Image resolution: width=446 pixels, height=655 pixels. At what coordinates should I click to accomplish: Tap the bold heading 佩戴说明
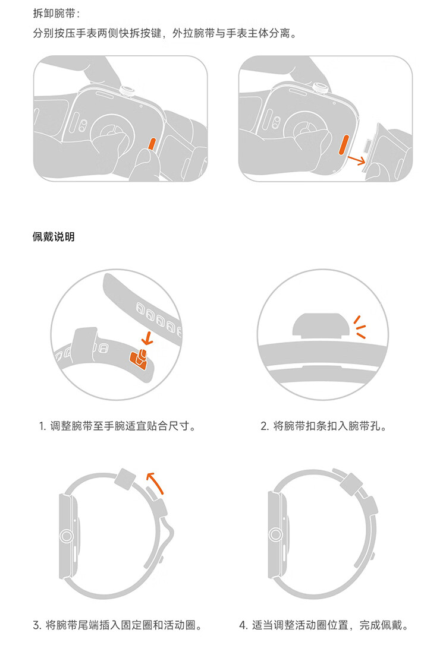tap(54, 236)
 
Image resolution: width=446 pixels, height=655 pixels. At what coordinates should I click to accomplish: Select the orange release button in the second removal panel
tap(344, 144)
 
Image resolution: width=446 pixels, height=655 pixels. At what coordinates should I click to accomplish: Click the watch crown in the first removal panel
tap(126, 90)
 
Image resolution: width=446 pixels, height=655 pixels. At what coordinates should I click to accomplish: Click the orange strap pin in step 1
tap(139, 359)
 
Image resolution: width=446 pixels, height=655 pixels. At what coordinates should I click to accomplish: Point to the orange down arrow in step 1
tap(146, 337)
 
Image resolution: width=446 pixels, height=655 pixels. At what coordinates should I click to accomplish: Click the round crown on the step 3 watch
tap(66, 536)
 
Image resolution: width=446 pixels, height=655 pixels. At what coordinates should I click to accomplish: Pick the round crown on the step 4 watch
tap(275, 534)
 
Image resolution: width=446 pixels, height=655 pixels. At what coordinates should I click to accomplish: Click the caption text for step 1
tap(118, 426)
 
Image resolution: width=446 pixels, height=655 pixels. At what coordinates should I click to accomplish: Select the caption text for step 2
tap(324, 426)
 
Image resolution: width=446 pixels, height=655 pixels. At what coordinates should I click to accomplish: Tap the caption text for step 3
tap(118, 625)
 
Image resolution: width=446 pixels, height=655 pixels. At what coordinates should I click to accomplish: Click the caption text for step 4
tap(324, 625)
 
